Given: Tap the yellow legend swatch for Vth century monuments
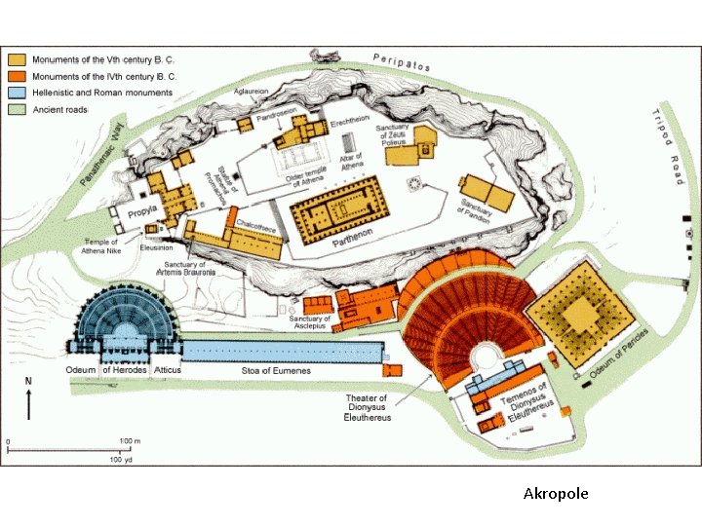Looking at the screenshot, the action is [18, 57].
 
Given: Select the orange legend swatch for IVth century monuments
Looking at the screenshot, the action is [18, 75].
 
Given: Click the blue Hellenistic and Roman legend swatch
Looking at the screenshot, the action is [18, 93].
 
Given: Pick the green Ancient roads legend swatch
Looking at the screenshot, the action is [18, 110].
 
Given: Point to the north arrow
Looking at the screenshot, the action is [28, 399].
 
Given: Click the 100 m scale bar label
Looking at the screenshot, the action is [131, 442].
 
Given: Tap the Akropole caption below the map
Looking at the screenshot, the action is [556, 494].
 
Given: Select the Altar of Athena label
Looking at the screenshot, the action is [351, 162].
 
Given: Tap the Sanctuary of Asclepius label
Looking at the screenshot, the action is [310, 323].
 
